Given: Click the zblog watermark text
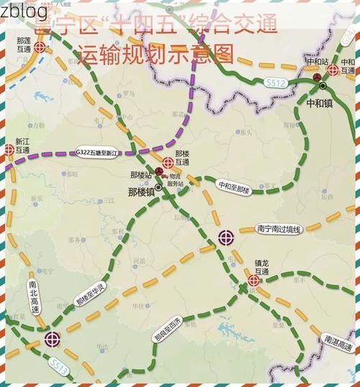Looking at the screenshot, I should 24,12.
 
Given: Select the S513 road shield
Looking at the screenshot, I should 60,368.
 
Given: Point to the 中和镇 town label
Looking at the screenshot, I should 319,103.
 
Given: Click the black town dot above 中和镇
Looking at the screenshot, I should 323,86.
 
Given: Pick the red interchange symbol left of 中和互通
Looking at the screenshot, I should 332,69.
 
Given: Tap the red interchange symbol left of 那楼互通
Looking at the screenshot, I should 168,162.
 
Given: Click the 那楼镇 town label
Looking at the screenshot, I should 141,192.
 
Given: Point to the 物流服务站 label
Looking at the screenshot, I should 176,180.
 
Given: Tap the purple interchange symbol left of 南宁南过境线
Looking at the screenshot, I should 226,236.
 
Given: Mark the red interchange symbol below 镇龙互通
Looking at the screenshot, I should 253,280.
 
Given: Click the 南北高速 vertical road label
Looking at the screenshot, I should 34,296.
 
